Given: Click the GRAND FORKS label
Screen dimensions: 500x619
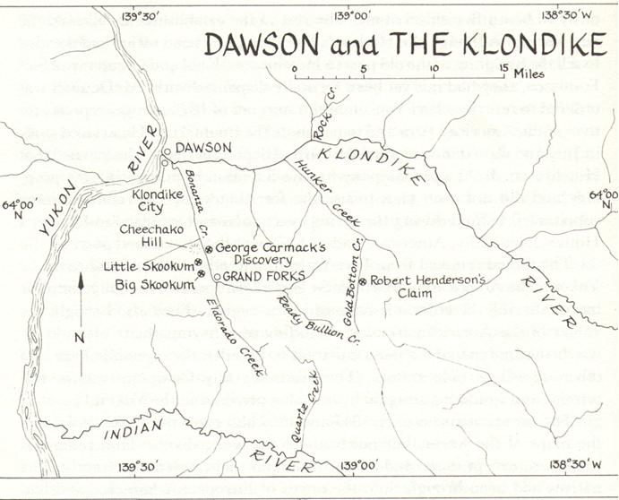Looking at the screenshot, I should pos(264,277).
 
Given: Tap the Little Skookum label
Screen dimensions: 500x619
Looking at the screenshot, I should pos(147,266).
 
